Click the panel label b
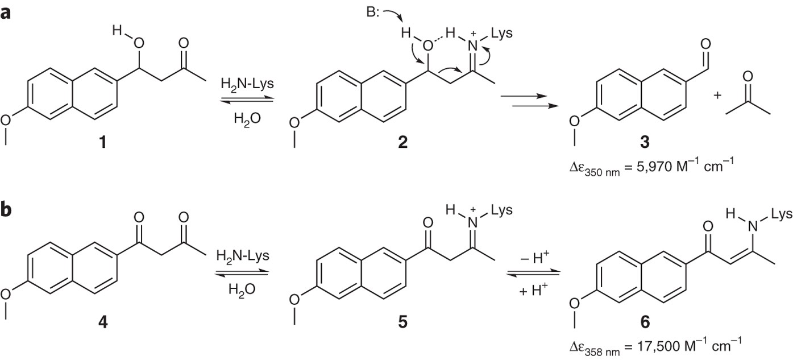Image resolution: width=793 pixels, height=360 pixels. (x=7, y=210)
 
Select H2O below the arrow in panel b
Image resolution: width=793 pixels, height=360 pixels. (x=242, y=288)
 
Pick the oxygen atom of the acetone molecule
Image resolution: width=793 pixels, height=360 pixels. (x=748, y=76)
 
